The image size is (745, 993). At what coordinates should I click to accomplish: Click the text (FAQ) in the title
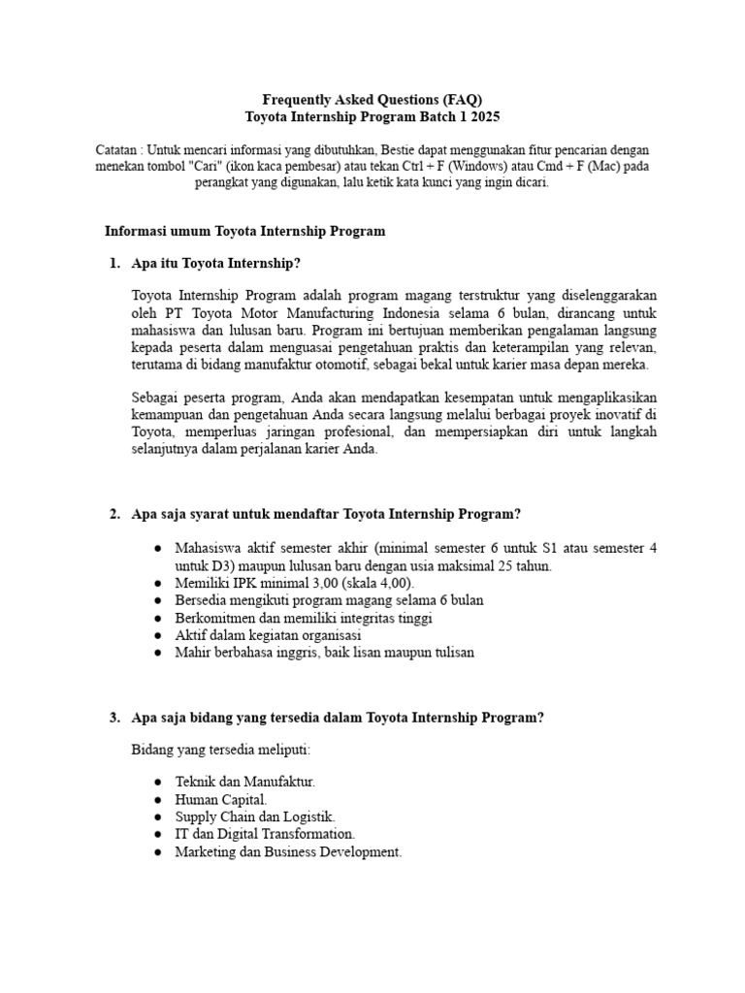[463, 100]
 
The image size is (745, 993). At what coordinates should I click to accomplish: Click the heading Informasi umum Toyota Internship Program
[244, 231]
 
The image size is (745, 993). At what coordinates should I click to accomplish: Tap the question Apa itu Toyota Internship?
[215, 263]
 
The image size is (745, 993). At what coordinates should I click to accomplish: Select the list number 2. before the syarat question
[114, 514]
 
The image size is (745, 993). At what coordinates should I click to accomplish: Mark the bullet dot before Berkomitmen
[158, 618]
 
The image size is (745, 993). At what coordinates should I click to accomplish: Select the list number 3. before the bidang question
[114, 718]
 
